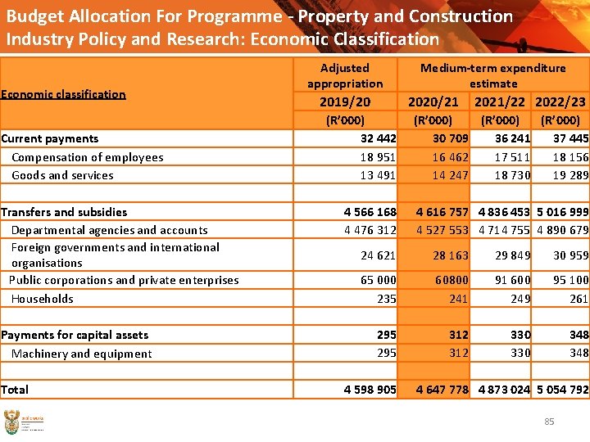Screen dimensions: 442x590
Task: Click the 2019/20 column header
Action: pos(344,101)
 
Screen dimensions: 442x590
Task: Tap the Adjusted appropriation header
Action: pos(344,75)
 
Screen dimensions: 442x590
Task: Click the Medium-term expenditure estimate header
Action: pos(492,75)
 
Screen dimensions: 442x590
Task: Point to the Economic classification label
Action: pos(63,94)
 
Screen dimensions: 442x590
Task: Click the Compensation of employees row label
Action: pos(87,157)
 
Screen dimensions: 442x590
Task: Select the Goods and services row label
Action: pos(62,175)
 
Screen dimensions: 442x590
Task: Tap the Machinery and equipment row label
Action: pos(81,354)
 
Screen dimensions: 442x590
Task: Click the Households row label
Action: pos(42,299)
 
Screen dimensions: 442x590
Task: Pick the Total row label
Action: pos(15,390)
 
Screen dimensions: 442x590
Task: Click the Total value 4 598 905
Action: pos(370,390)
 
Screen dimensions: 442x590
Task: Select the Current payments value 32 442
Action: pos(378,138)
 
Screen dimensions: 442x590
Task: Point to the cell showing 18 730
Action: pos(513,175)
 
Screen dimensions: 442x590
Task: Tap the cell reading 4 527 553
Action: pos(442,230)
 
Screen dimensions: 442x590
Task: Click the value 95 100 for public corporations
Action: pos(570,280)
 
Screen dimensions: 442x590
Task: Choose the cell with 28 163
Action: pos(451,255)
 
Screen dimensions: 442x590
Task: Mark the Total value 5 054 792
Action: pos(562,390)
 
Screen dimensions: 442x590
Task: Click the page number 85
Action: pos(549,422)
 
